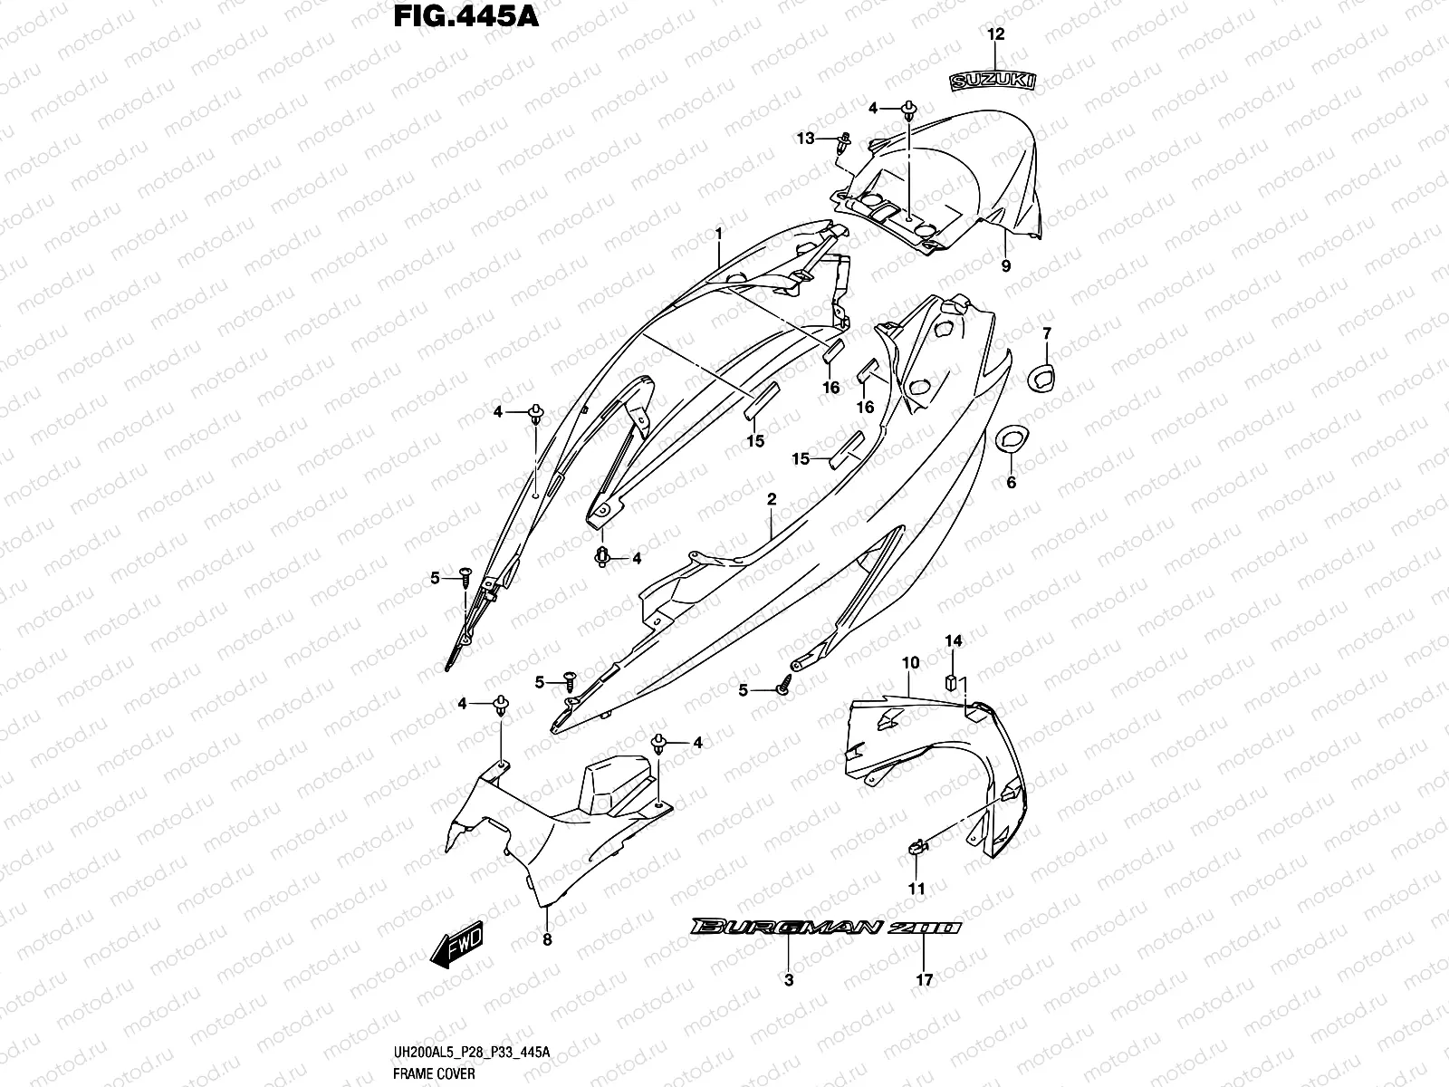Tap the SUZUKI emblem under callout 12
coord(993,82)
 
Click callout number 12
coord(995,35)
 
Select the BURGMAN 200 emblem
coord(823,928)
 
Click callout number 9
coord(1005,265)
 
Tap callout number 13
coord(806,138)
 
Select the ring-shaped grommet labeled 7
coord(1041,377)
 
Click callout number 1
coord(718,234)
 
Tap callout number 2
coord(771,499)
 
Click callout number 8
coord(546,939)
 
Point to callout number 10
coord(910,663)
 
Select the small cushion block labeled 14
coord(953,680)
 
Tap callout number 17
coord(924,979)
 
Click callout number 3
coord(788,979)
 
